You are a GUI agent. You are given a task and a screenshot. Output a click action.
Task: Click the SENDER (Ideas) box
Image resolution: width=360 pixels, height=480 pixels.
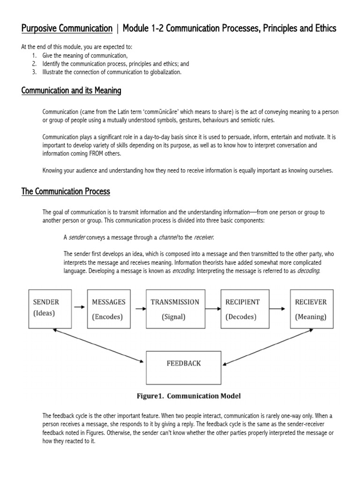[46, 308]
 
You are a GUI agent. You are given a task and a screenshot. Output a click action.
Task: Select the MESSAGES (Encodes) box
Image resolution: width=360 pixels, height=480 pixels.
[108, 308]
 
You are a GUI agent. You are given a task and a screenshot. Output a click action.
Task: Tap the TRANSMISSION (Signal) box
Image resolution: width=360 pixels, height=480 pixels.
[174, 308]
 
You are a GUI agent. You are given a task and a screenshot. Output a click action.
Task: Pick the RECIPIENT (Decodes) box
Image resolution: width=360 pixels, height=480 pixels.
[242, 308]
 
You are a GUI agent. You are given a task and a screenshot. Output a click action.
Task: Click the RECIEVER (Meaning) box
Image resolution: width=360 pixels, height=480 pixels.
[311, 308]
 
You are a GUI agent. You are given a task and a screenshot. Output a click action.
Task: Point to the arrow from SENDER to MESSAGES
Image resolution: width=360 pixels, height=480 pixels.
[80, 307]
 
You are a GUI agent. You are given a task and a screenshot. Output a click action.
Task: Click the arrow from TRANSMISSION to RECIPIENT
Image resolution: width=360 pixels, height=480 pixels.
[213, 308]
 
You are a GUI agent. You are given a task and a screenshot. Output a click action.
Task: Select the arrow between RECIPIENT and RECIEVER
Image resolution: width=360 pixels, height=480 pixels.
[277, 308]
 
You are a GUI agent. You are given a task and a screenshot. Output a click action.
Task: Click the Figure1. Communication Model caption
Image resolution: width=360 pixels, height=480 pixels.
[188, 396]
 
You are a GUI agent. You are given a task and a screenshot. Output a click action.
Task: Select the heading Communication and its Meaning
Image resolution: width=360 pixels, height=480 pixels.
[71, 90]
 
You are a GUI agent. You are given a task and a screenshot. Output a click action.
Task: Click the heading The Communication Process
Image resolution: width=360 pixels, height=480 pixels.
[66, 191]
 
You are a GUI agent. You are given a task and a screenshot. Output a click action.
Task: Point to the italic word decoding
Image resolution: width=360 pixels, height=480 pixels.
[307, 271]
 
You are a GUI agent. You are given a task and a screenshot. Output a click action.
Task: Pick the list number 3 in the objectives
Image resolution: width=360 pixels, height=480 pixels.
[34, 72]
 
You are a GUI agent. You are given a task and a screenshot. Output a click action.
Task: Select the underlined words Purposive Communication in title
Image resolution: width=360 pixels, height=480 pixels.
[67, 29]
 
